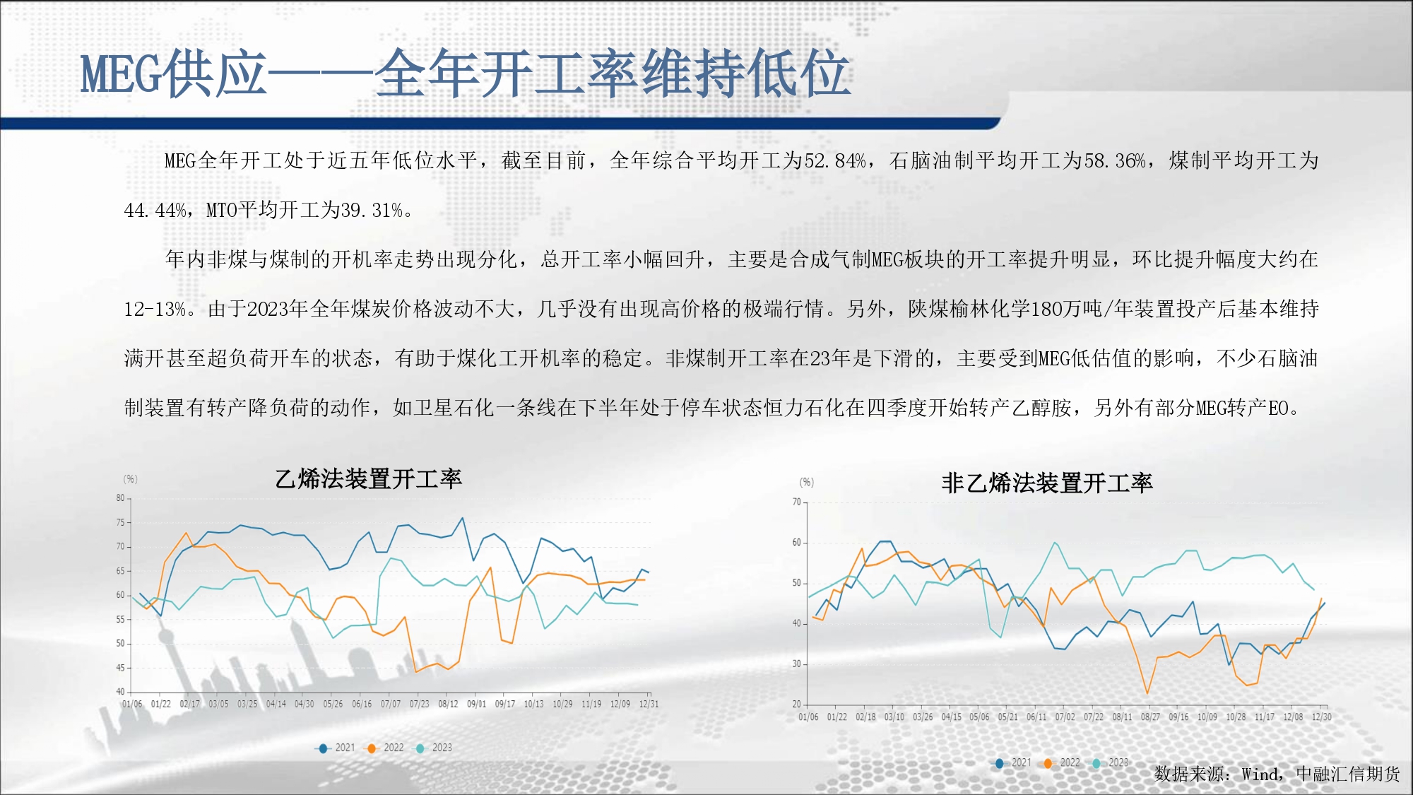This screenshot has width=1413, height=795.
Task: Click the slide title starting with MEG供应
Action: [x=465, y=73]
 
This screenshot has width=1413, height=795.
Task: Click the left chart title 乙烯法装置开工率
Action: [x=368, y=479]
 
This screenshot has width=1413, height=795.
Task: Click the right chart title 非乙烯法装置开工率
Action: [x=1047, y=483]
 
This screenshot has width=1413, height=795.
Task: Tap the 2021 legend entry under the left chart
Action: [x=338, y=748]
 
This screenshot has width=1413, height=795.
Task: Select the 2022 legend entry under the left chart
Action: [x=386, y=748]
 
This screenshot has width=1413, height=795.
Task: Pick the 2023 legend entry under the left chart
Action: [x=434, y=748]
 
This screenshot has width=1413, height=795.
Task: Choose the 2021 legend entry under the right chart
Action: [x=1014, y=762]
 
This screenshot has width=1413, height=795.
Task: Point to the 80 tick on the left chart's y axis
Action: [x=120, y=498]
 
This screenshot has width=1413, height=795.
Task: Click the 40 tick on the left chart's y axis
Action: [x=120, y=692]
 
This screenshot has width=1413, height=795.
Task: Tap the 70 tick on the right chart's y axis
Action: [x=797, y=502]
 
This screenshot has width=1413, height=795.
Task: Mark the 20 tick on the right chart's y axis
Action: [x=797, y=704]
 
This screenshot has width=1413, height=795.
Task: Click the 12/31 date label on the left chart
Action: [x=649, y=704]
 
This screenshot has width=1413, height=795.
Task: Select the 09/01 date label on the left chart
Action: [x=476, y=704]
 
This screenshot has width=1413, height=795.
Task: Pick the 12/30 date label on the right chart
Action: [x=1322, y=717]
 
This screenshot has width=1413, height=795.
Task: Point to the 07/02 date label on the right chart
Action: [x=1065, y=717]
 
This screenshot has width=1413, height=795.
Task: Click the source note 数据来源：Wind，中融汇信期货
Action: [x=1277, y=775]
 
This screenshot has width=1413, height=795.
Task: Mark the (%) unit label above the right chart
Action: [x=807, y=483]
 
